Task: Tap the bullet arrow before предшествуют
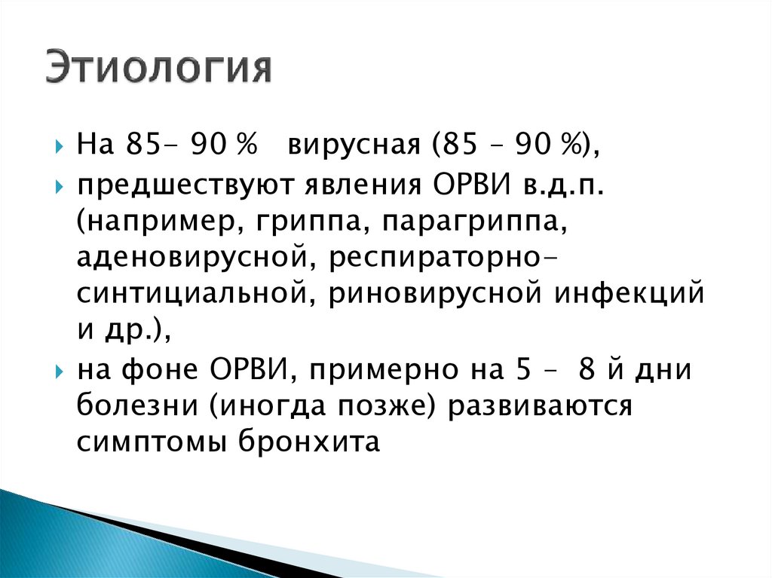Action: point(60,186)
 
